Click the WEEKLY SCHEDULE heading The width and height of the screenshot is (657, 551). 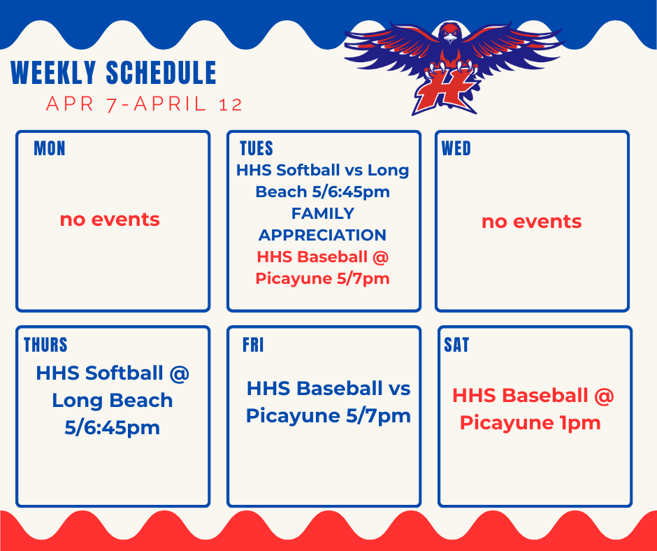114,73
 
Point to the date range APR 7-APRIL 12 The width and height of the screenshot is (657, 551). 144,104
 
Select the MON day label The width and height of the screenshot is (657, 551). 50,148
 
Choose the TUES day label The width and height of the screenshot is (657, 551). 257,148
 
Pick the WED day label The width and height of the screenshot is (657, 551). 456,148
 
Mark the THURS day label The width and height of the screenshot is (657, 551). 46,345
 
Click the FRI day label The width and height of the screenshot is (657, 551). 253,345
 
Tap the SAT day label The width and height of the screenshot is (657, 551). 457,345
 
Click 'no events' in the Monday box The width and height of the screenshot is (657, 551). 110,220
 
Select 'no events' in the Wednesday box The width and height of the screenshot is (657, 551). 531,222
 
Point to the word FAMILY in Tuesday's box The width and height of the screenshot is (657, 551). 322,213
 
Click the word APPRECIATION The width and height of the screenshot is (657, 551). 322,235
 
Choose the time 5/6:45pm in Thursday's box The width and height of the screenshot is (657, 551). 113,427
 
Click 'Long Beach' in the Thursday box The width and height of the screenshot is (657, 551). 113,401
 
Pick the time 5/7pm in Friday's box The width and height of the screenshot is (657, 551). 378,416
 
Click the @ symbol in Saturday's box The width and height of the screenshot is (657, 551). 604,396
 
